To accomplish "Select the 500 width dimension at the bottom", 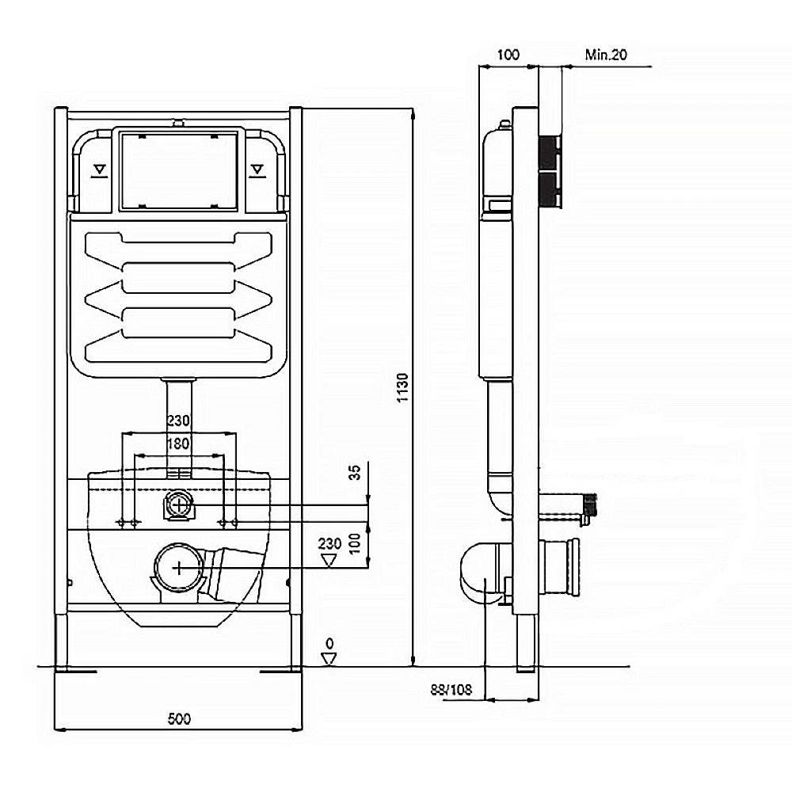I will [x=179, y=718].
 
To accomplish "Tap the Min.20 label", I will [x=605, y=55].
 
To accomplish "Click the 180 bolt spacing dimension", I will [x=177, y=444].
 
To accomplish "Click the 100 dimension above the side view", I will [x=508, y=55].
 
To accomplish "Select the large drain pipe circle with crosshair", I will [x=180, y=565].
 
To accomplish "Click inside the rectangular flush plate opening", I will [x=178, y=169].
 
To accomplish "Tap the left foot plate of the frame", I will [x=75, y=672].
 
